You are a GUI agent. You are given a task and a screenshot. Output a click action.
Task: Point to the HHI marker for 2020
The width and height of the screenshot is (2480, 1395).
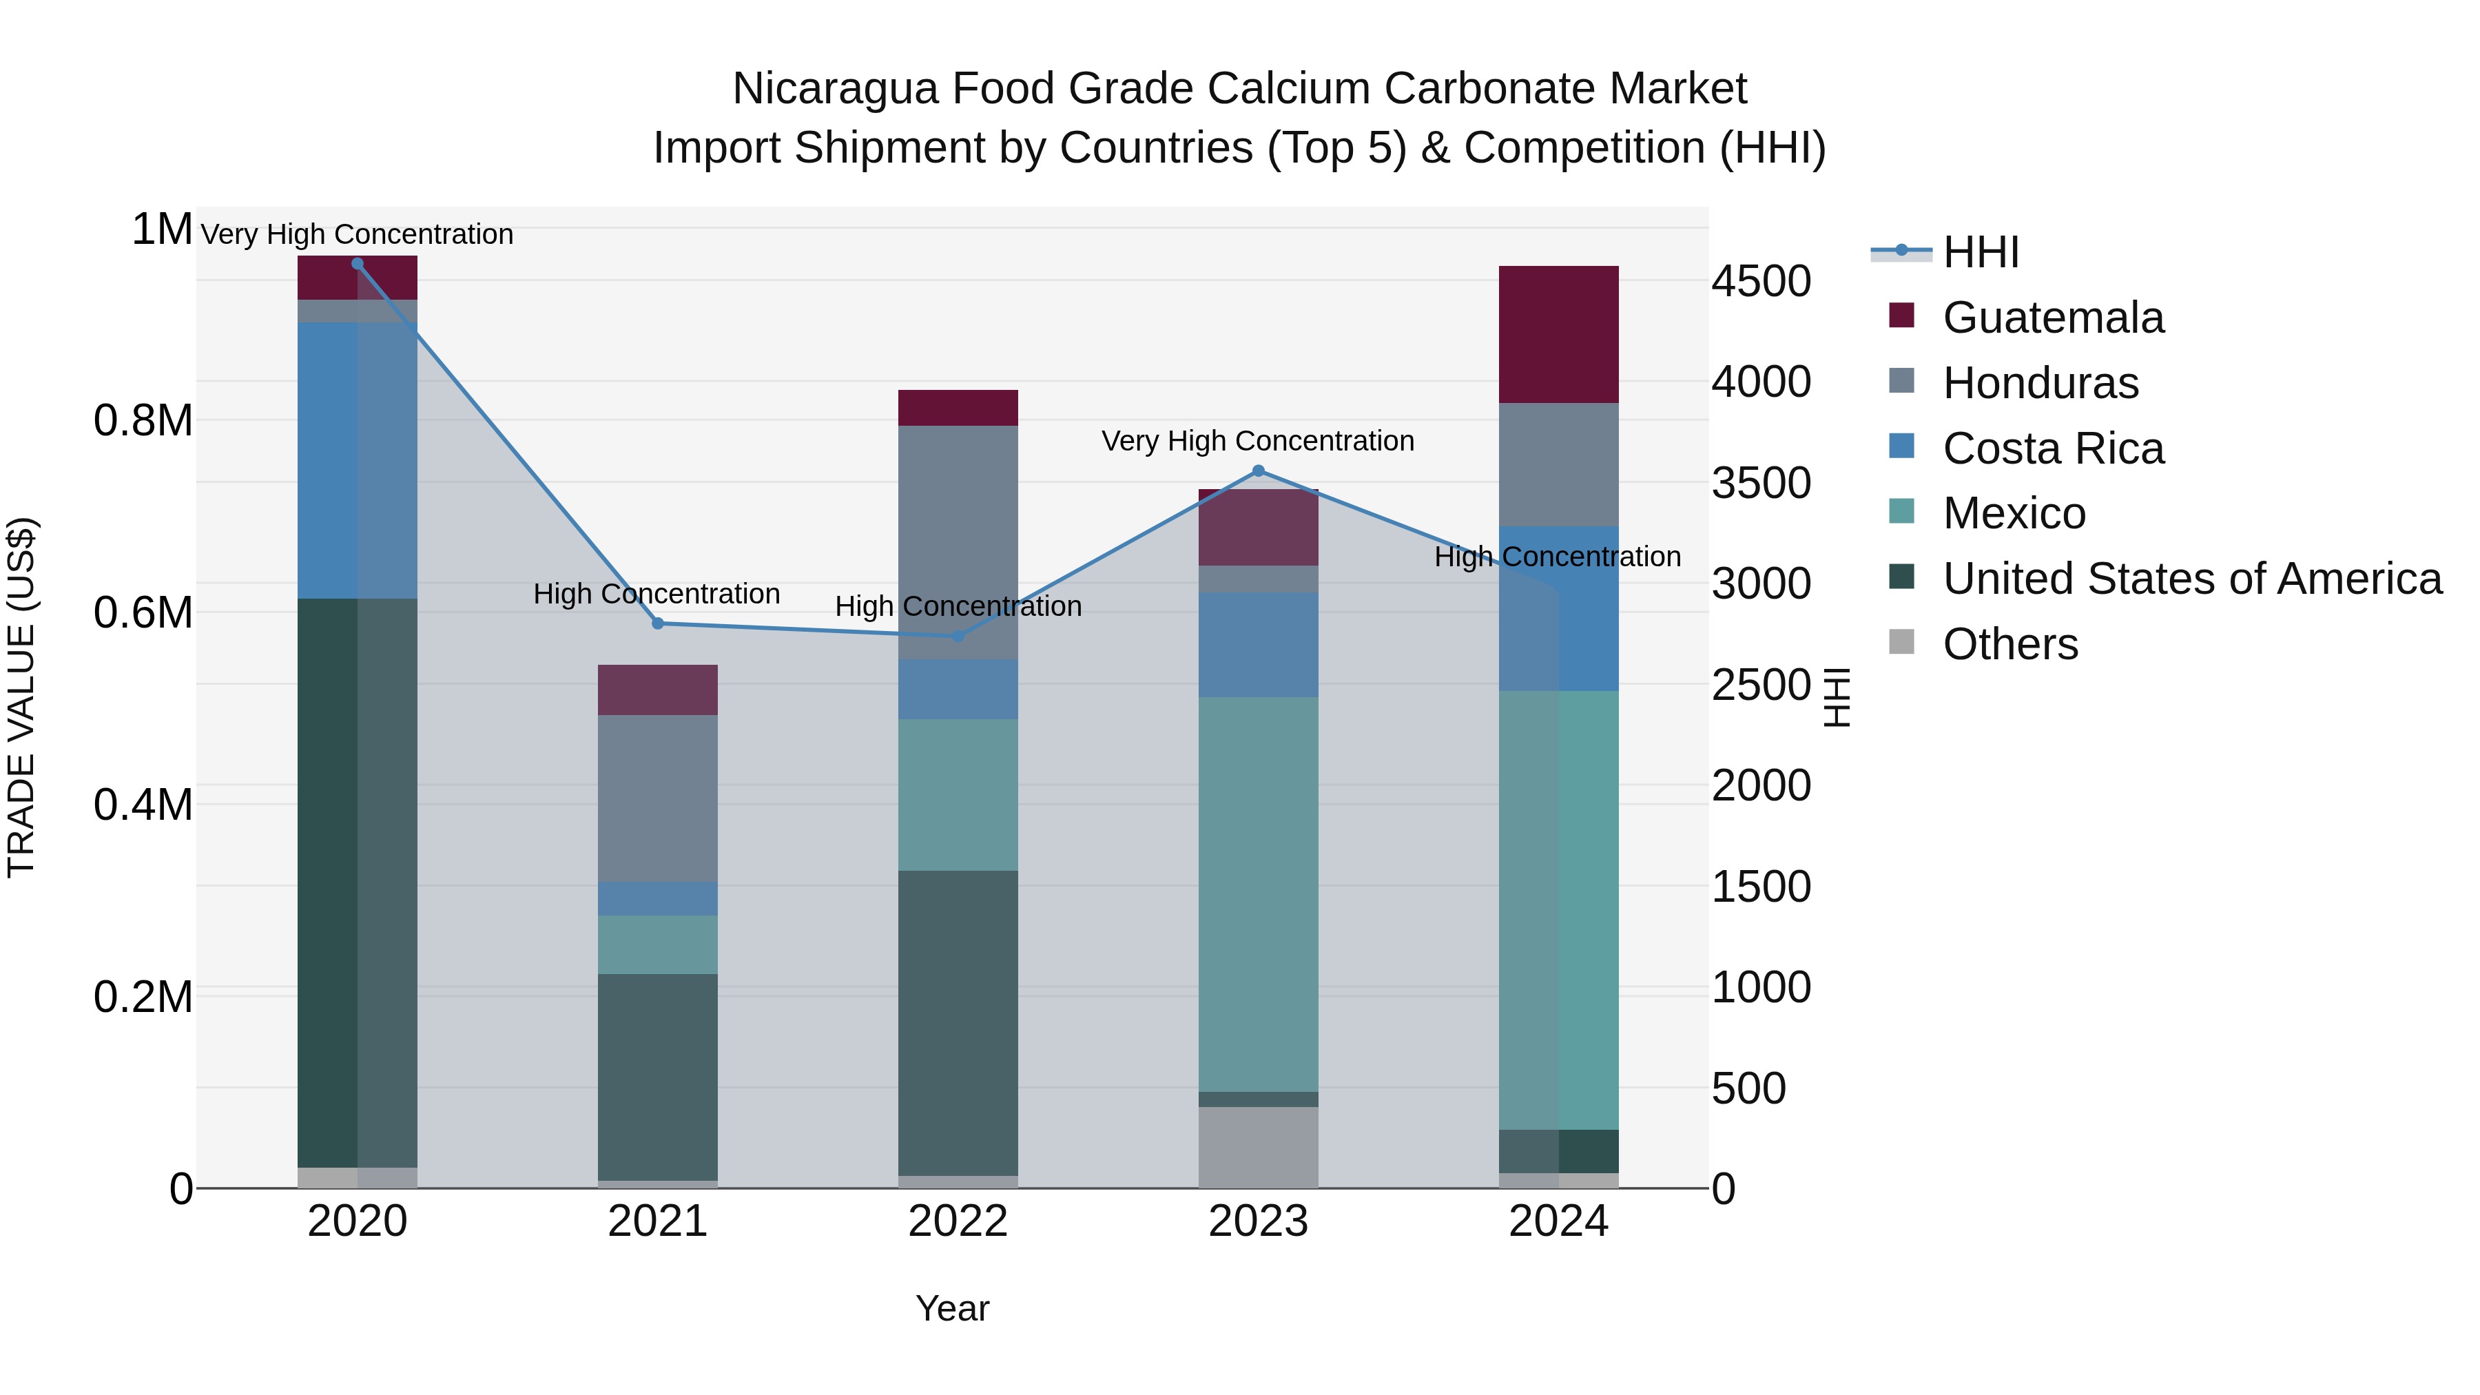[x=357, y=263]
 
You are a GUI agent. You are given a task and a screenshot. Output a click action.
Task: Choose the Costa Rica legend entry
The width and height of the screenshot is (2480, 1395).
[x=2053, y=448]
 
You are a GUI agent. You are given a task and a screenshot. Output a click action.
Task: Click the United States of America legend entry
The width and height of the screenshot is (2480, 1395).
[x=2191, y=579]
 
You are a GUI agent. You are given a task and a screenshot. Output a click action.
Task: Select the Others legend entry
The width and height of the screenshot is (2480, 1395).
[x=2009, y=644]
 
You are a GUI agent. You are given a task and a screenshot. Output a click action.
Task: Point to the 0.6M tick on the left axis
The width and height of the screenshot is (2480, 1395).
[x=143, y=612]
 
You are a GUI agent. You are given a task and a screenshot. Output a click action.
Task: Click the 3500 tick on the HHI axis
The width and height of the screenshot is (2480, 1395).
[x=1761, y=484]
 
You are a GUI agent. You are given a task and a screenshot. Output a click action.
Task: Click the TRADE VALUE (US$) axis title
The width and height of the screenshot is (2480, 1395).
[x=21, y=697]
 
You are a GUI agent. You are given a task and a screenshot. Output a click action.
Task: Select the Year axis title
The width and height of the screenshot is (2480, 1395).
[x=952, y=1308]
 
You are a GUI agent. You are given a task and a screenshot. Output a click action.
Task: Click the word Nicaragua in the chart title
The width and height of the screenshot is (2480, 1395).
[x=835, y=89]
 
